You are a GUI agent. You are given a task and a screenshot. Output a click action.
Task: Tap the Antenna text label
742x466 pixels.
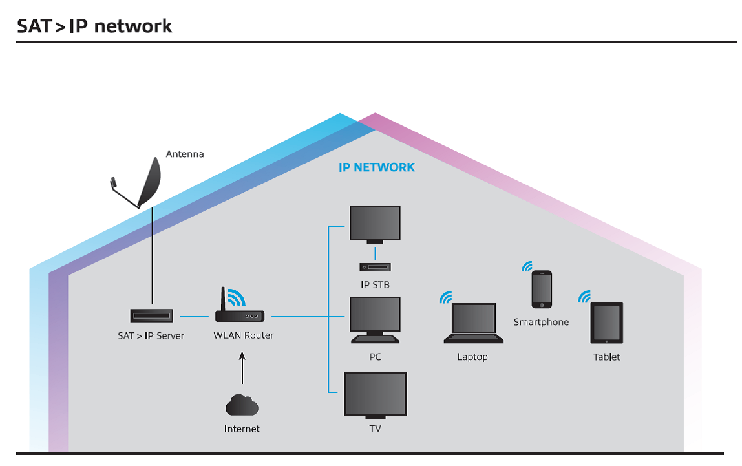click(x=185, y=154)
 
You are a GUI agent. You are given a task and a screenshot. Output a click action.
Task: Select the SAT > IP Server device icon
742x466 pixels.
click(x=151, y=315)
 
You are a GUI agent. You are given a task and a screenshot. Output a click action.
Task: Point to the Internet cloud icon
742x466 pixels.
click(x=242, y=405)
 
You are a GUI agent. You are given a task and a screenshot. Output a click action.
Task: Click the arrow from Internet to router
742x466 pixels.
click(x=242, y=368)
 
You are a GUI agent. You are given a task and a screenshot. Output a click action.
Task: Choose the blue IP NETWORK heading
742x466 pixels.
click(x=377, y=167)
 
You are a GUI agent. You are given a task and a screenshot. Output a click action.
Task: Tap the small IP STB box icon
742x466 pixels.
click(x=375, y=267)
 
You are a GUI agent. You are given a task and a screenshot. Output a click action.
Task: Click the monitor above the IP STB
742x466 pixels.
click(x=375, y=224)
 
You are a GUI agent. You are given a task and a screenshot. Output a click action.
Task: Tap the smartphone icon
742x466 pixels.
click(x=542, y=289)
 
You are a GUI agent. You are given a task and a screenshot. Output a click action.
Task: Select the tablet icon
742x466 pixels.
click(x=606, y=323)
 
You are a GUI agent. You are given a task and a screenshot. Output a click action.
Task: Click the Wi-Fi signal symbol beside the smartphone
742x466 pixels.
click(x=527, y=266)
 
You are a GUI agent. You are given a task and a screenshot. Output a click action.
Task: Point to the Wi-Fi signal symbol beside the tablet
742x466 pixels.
click(x=584, y=296)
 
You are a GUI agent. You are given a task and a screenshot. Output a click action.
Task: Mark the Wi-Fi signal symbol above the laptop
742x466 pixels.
click(x=446, y=297)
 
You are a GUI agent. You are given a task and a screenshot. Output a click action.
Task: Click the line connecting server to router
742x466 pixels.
click(x=194, y=316)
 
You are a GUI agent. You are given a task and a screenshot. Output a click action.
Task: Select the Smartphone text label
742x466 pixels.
click(x=541, y=322)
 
